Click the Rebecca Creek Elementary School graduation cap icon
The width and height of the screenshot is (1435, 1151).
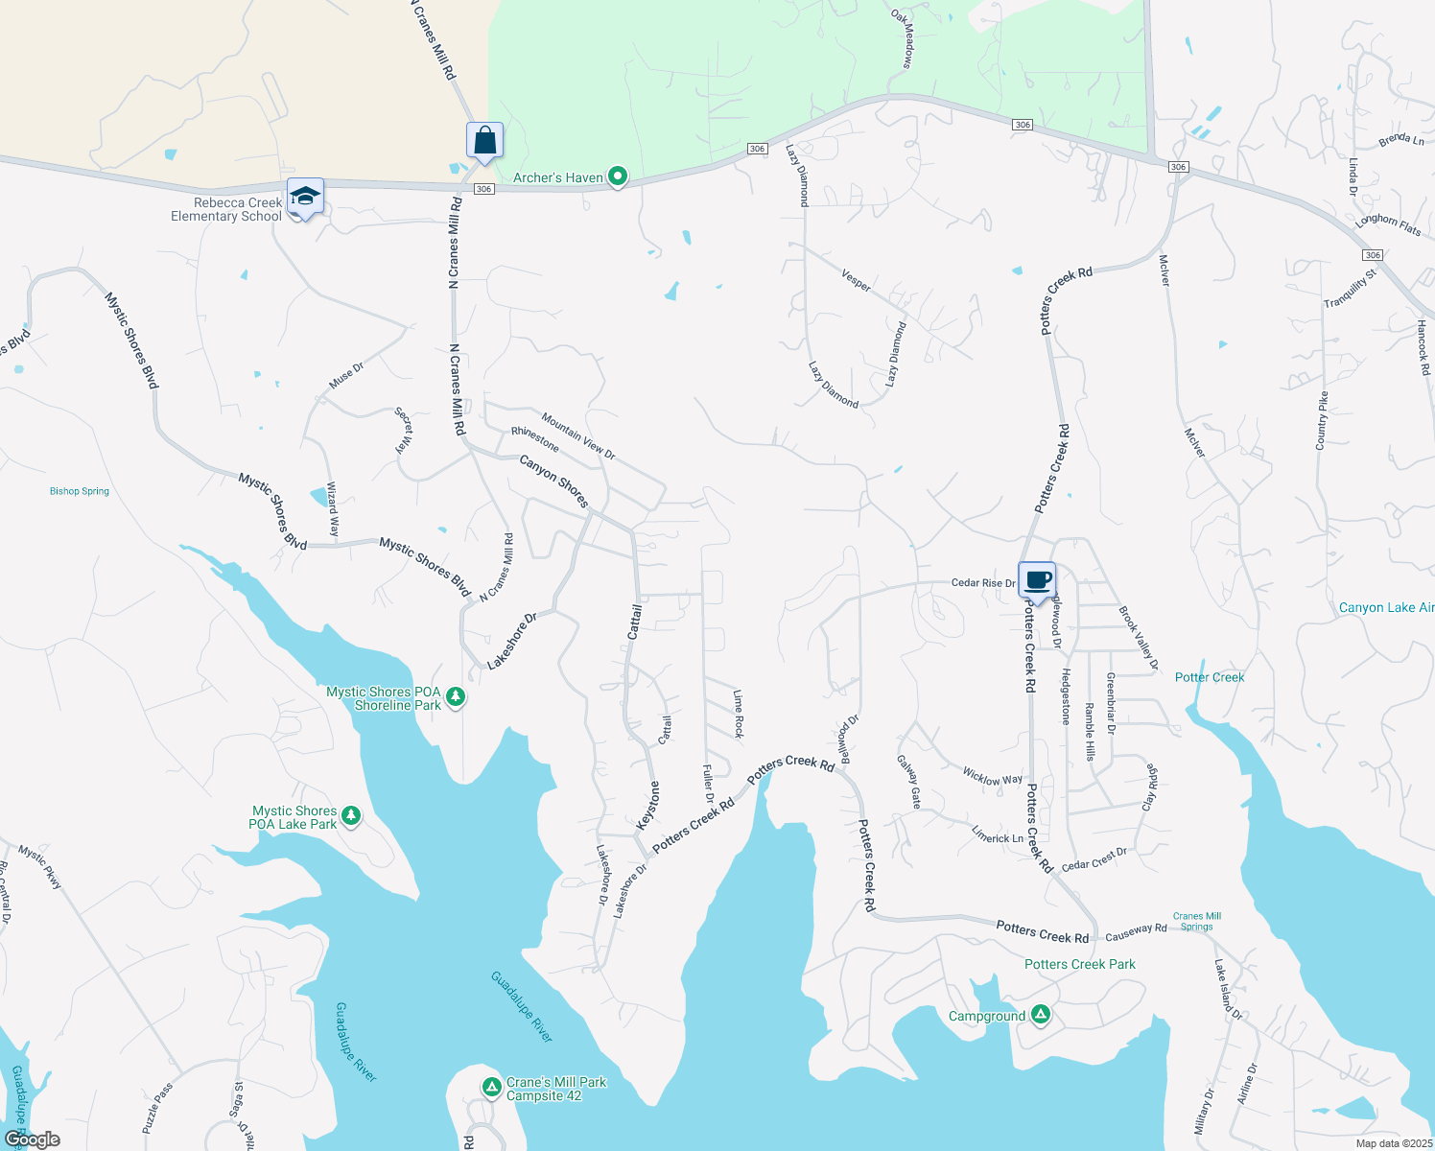coord(305,197)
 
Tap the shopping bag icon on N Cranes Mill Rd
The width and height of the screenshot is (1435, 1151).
coord(485,140)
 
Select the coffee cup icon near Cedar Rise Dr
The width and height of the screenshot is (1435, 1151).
coord(1037,579)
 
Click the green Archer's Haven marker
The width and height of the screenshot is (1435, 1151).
coord(619,176)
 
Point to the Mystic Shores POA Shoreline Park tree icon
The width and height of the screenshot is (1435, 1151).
coord(457,697)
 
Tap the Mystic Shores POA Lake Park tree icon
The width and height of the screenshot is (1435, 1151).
coord(351,816)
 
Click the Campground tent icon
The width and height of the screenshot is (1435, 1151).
coord(1041,1015)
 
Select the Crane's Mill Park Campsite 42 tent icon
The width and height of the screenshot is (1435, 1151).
coord(491,1087)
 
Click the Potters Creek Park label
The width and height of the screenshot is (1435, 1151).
coord(1079,964)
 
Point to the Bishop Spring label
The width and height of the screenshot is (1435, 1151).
coord(80,491)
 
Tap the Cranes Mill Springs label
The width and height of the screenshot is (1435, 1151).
coord(1197,921)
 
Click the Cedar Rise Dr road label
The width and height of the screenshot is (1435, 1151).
coord(982,582)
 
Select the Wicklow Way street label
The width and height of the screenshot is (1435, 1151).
coord(992,776)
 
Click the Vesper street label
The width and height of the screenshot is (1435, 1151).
coord(856,280)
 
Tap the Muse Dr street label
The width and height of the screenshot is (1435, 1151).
coord(346,375)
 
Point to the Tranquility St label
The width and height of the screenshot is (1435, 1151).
coord(1350,289)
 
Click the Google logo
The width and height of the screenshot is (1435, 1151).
coord(33,1139)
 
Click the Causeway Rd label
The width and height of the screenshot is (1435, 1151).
coord(1136,930)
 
